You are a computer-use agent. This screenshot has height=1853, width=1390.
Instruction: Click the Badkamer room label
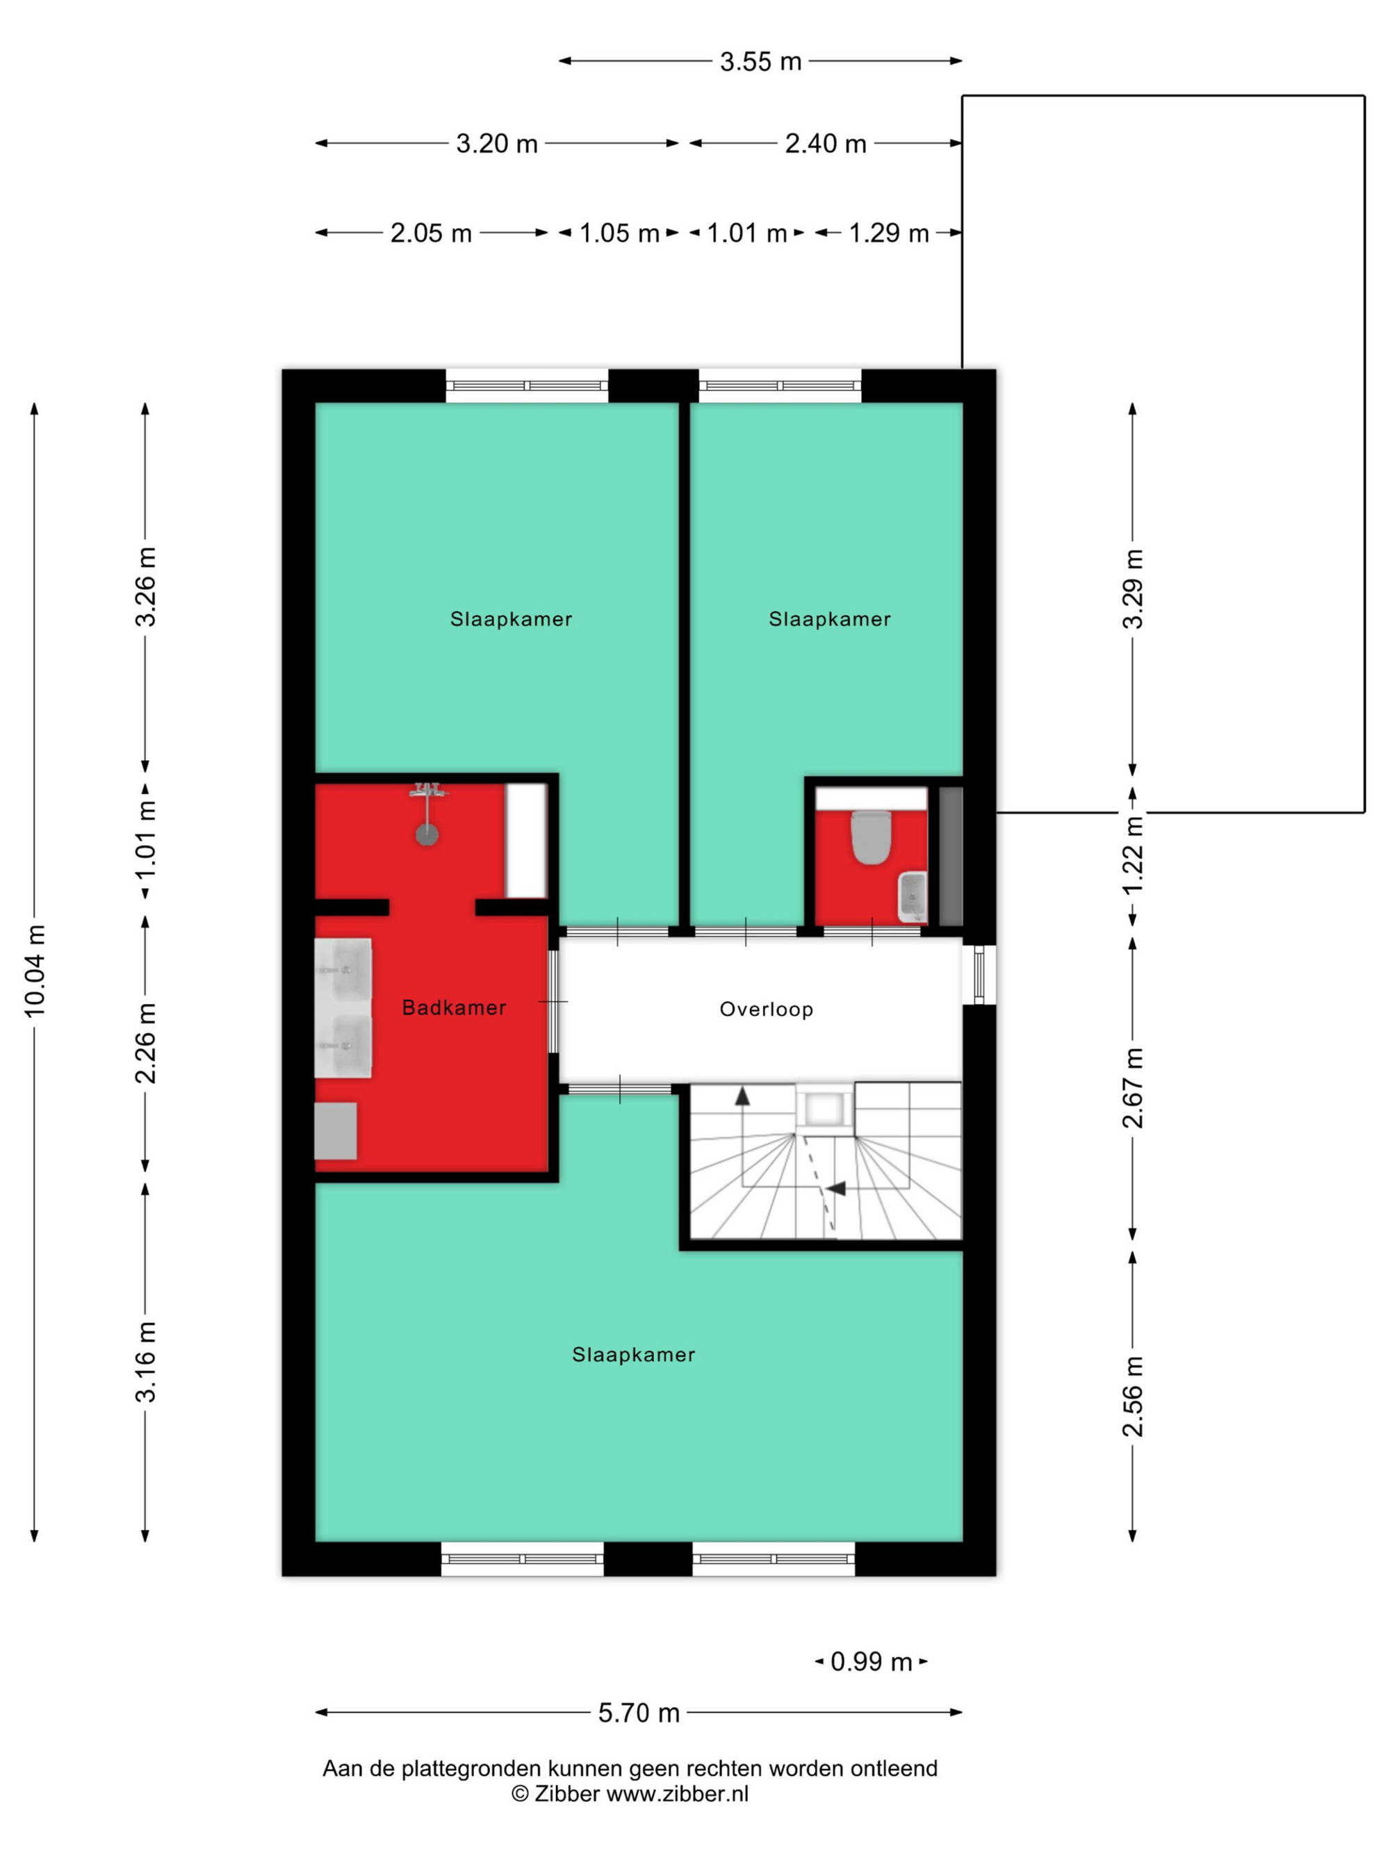[x=454, y=1007]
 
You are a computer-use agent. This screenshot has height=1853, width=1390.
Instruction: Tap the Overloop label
[x=767, y=1010]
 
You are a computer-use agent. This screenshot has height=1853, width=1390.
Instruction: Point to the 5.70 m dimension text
[x=639, y=1713]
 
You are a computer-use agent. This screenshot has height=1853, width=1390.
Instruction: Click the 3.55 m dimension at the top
[x=761, y=61]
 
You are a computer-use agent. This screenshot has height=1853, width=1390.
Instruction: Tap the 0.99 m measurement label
[x=872, y=1661]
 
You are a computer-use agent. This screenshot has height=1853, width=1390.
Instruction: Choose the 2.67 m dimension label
[x=1133, y=1087]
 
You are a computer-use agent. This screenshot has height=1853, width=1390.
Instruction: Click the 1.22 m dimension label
[x=1133, y=855]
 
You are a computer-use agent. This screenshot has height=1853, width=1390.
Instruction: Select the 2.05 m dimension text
[x=432, y=233]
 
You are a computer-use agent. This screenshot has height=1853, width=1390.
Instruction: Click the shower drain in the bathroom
[x=427, y=834]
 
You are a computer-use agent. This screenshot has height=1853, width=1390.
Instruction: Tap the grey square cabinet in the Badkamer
[x=336, y=1131]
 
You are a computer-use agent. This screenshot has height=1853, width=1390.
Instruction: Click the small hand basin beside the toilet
[x=912, y=896]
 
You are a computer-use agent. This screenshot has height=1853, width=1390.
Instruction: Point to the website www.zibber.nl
[x=677, y=1793]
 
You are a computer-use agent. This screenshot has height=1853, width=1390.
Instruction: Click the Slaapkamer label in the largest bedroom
[x=633, y=1355]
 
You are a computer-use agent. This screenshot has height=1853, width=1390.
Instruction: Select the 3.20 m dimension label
[x=497, y=144]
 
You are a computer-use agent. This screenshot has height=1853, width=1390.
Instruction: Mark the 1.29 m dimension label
[x=889, y=233]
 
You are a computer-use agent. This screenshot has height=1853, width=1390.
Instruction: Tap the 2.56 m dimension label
[x=1133, y=1396]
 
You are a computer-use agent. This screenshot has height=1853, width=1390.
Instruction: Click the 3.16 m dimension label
[x=146, y=1361]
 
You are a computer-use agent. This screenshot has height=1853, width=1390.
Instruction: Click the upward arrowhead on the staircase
[x=742, y=1096]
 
